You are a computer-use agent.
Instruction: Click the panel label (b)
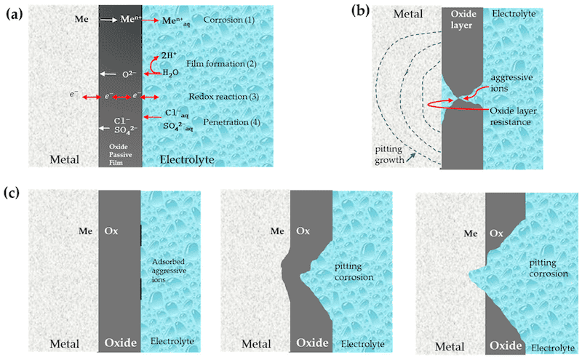tap(362, 11)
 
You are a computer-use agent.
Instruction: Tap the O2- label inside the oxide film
tap(128, 74)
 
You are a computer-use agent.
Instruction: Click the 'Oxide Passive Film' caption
tap(120, 155)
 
